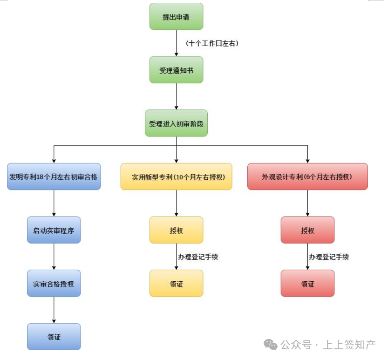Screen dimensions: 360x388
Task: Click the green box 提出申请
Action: click(176, 17)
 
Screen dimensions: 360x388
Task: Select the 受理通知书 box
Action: click(176, 70)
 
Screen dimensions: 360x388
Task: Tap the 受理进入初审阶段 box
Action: click(176, 123)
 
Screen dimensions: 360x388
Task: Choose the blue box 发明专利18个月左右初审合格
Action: click(54, 177)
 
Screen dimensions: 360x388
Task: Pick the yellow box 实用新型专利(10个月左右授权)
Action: click(176, 177)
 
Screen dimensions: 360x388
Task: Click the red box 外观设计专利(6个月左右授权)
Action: click(307, 177)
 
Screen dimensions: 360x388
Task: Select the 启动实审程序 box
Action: click(54, 230)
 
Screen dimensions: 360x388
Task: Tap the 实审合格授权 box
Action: click(54, 283)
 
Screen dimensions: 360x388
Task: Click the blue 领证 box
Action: click(54, 337)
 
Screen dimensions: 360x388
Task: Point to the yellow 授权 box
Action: click(176, 230)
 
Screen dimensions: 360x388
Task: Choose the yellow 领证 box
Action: click(176, 283)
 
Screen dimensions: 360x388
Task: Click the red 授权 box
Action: click(307, 230)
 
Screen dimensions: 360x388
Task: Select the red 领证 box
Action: click(307, 283)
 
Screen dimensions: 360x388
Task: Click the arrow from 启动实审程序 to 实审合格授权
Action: click(54, 257)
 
